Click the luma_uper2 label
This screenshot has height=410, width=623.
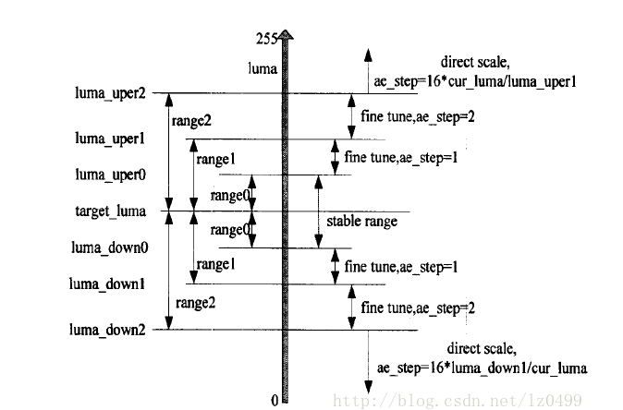[x=110, y=93]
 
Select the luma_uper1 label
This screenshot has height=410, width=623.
[x=110, y=139]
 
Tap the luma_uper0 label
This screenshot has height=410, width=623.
[x=110, y=174]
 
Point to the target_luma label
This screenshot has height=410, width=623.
[x=110, y=211]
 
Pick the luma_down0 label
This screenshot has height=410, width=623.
[x=110, y=247]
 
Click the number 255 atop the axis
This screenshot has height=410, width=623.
[x=267, y=38]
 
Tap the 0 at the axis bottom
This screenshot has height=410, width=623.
[x=275, y=400]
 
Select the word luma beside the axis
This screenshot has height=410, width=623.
[x=263, y=67]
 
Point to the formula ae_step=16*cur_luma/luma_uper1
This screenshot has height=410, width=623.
[x=475, y=80]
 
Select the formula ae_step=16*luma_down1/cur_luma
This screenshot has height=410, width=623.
[x=481, y=368]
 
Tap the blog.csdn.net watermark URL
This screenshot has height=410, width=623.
[x=458, y=399]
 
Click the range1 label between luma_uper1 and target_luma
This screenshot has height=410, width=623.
[x=214, y=159]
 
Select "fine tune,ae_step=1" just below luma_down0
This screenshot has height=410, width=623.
[x=401, y=266]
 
